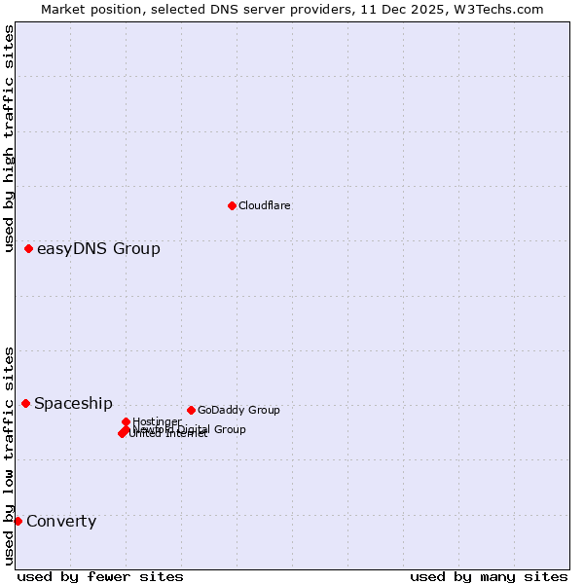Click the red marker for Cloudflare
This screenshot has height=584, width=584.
point(232,205)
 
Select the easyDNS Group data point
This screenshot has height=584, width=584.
point(29,249)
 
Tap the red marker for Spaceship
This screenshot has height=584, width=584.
point(26,403)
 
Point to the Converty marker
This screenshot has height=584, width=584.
point(18,521)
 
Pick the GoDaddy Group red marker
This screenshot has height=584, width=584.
point(191,410)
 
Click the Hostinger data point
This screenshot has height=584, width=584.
point(127,421)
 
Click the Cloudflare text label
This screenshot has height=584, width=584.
point(264,205)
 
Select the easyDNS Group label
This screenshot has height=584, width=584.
point(98,249)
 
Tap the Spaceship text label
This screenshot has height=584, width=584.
point(73,404)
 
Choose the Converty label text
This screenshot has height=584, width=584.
point(61,522)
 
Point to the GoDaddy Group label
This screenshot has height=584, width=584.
point(238,410)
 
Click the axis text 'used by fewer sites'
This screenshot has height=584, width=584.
point(100,576)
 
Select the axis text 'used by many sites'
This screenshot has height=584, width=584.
point(488,576)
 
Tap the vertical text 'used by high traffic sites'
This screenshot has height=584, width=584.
point(9,139)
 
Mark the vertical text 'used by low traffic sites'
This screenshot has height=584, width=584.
point(9,456)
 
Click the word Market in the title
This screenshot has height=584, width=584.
point(62,9)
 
